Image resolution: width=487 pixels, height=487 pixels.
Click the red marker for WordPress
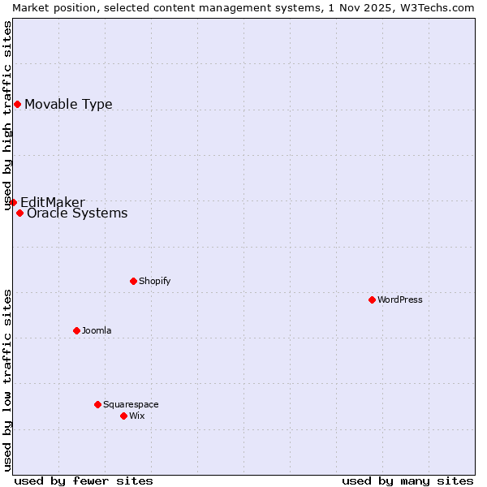(x=372, y=300)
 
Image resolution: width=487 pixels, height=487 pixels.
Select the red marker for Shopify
(x=133, y=281)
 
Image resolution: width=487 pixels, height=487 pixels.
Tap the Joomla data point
(x=76, y=330)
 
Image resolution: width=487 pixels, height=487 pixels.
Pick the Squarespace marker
(x=97, y=404)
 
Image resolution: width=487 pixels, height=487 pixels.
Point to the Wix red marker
(x=123, y=416)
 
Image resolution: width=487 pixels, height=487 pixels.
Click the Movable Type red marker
(x=17, y=104)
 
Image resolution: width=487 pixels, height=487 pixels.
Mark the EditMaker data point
(x=13, y=202)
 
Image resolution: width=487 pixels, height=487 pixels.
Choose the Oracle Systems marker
(x=19, y=213)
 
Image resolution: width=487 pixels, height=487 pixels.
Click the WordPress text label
(x=400, y=300)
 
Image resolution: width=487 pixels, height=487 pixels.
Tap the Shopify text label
(x=154, y=281)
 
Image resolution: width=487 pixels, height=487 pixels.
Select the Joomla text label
(x=97, y=330)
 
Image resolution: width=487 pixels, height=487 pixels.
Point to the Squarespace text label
(x=131, y=404)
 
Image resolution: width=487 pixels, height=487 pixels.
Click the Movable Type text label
(x=68, y=104)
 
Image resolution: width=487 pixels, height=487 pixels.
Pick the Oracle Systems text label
(x=77, y=213)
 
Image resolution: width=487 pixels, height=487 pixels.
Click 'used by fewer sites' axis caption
(x=84, y=481)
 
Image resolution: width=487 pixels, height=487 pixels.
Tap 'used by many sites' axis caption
(x=407, y=481)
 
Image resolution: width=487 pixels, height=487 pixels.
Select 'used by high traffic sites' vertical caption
(x=7, y=115)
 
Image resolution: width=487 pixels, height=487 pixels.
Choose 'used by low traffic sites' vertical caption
(x=7, y=380)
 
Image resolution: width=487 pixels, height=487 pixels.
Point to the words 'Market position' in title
(x=50, y=7)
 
